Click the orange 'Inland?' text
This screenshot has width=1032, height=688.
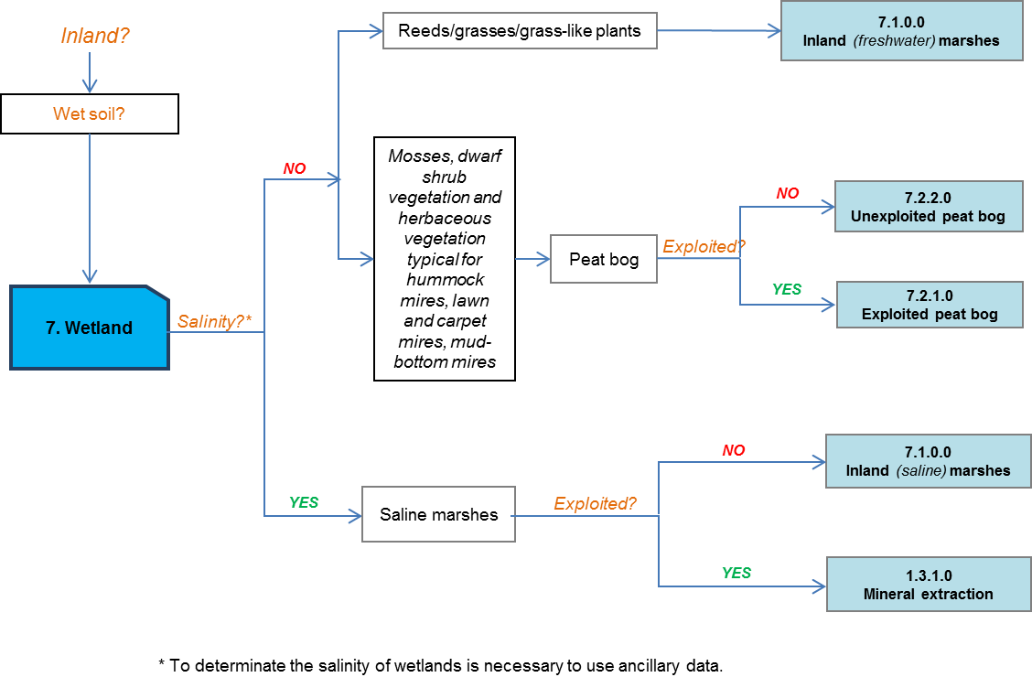coord(95,36)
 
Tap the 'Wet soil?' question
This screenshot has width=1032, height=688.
coord(89,114)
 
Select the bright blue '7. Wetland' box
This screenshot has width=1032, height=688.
coord(89,328)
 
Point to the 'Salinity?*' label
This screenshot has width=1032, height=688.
coord(215,321)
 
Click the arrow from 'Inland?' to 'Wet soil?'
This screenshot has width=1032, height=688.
coord(89,73)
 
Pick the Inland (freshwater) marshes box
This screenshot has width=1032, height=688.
coord(901,31)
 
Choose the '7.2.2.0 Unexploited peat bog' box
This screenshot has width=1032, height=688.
coord(928,207)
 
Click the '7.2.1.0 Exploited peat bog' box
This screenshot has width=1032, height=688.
coord(930,305)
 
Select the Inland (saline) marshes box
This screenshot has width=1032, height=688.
coord(928,461)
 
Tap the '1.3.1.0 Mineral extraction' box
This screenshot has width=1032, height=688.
coord(928,585)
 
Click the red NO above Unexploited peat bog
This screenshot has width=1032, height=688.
coord(787,194)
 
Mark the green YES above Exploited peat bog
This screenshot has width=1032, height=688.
coord(787,289)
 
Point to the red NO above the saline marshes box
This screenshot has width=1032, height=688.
coord(734,450)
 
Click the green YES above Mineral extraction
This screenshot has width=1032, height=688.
coord(736,573)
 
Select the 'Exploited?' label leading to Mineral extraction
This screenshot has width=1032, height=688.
coord(595,504)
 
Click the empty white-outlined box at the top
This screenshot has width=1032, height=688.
coord(520,30)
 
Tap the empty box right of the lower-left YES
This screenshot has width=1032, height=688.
coord(438,514)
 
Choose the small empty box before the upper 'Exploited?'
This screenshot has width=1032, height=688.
coord(603,259)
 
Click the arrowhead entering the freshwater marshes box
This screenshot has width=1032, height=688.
coord(774,31)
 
